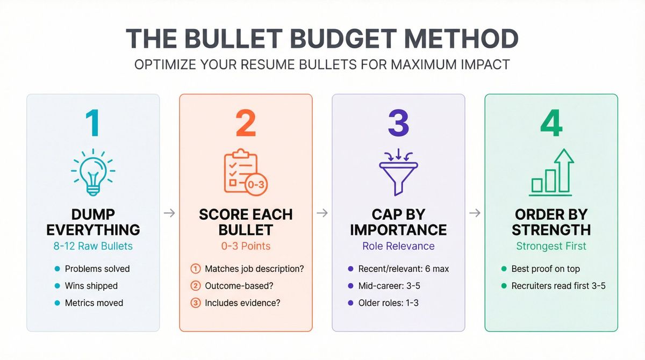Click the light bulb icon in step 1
[x=92, y=172]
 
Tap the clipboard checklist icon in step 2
[x=245, y=172]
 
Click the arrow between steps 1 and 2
[x=169, y=213]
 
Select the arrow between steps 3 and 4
[x=475, y=213]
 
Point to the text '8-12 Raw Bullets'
[x=93, y=247]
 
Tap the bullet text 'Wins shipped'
[x=91, y=286]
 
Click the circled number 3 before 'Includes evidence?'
[x=196, y=303]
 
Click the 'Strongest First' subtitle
[x=551, y=247]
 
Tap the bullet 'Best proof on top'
[x=545, y=269]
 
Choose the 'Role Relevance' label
[x=398, y=247]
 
